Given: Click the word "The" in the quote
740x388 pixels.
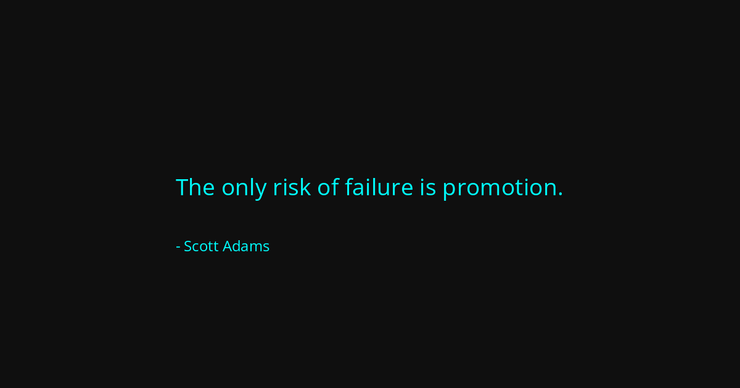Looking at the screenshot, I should click(x=195, y=187).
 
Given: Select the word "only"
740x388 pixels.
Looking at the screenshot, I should click(x=244, y=188).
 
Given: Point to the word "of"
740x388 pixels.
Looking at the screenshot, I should click(x=328, y=187).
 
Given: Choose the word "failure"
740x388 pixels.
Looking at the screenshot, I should click(x=379, y=187).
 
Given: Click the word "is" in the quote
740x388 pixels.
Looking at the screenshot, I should click(x=428, y=187).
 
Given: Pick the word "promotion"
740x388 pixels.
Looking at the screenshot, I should click(x=499, y=188).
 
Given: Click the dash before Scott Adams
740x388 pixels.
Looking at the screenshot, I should click(x=178, y=247).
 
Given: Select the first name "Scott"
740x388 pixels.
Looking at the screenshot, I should click(x=201, y=246).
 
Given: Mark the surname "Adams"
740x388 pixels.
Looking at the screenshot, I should click(x=246, y=246).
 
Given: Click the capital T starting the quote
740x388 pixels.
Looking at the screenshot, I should click(x=183, y=187).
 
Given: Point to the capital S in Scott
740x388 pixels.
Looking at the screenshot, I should click(x=188, y=246).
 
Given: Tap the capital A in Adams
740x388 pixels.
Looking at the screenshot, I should click(x=227, y=246).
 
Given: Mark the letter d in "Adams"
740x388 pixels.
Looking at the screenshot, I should click(x=237, y=246).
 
